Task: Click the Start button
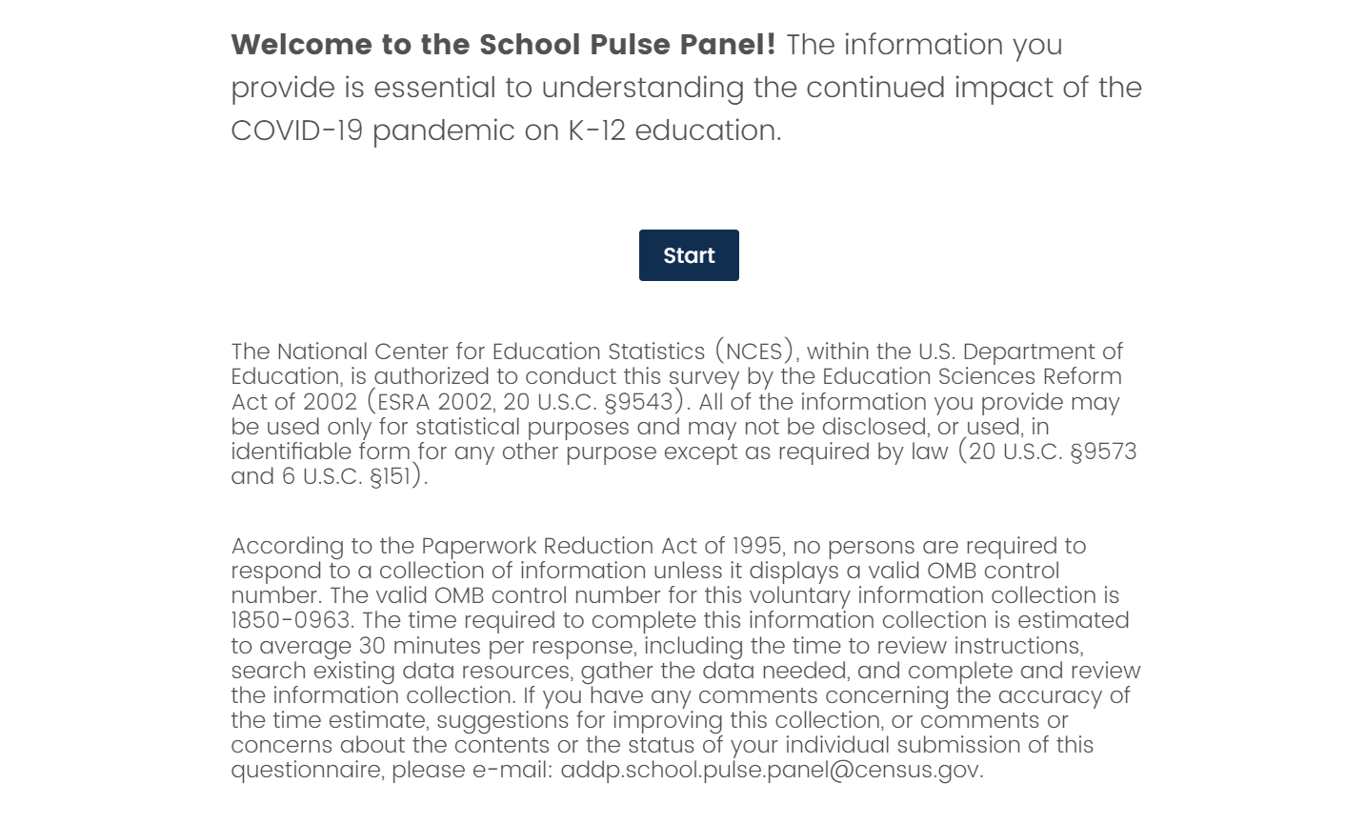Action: click(x=689, y=255)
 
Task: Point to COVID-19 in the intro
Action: click(x=297, y=131)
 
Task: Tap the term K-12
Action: click(x=597, y=131)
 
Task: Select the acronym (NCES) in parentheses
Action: click(x=754, y=352)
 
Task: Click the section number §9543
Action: click(x=638, y=402)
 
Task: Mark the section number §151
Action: click(x=394, y=476)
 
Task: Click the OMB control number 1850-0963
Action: click(x=292, y=621)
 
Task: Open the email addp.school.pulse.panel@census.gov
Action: click(x=771, y=770)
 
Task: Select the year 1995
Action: click(x=757, y=547)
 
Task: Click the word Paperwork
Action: click(x=478, y=547)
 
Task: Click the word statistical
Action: click(x=468, y=427)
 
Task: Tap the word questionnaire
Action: click(x=307, y=770)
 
